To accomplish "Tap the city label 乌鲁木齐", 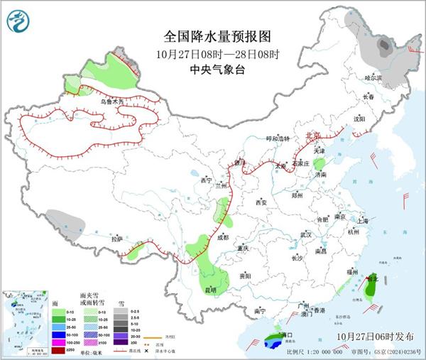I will (x=111, y=102).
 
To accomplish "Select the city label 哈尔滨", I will (x=373, y=77).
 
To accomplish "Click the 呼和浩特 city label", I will (x=278, y=138).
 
